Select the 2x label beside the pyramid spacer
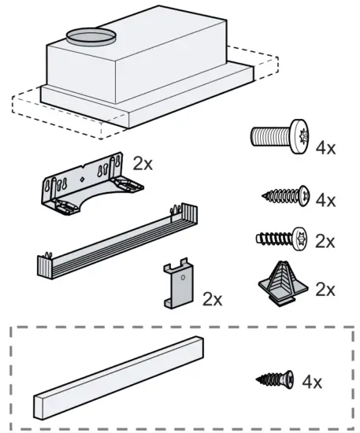(324, 290)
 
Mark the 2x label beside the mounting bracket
(143, 164)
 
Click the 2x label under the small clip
(212, 299)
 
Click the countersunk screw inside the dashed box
(276, 380)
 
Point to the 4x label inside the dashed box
(311, 383)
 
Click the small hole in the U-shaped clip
(183, 277)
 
